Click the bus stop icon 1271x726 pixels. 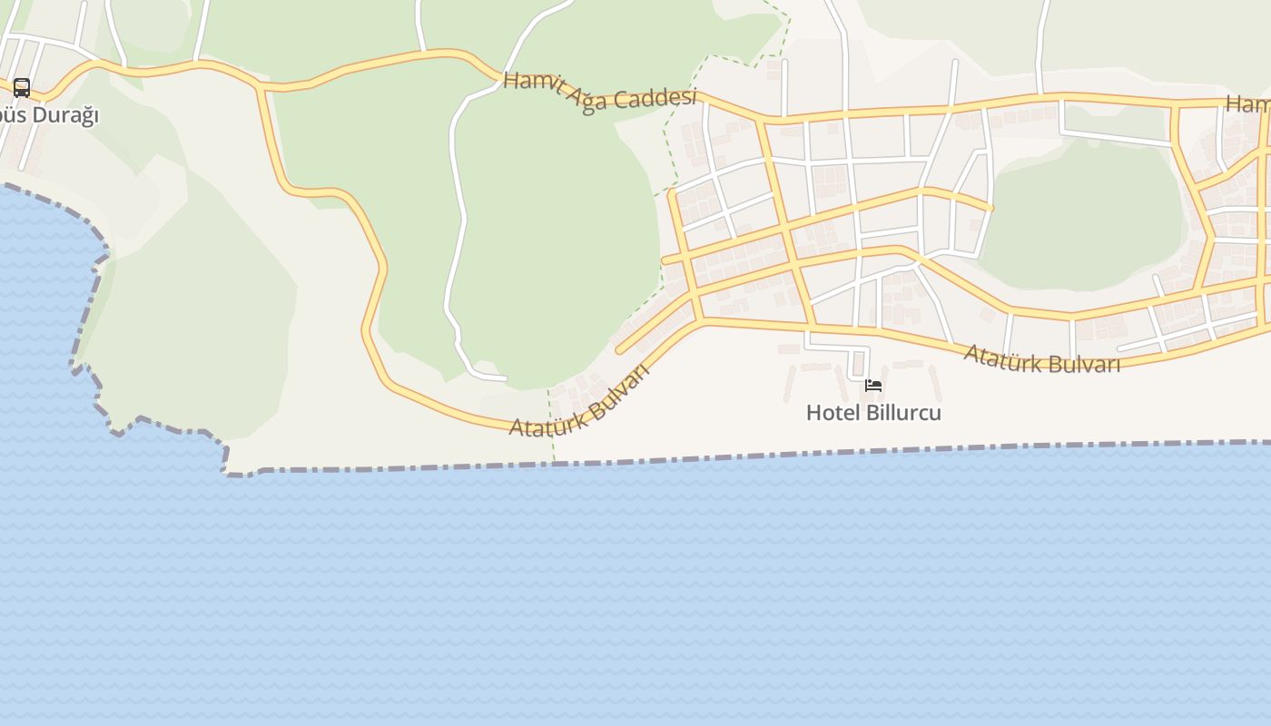click(x=22, y=88)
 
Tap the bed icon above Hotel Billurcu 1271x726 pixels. click(x=873, y=386)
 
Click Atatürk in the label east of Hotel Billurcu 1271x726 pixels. click(x=1000, y=355)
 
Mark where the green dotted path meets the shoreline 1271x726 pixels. click(x=553, y=463)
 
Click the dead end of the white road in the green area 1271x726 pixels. click(x=504, y=378)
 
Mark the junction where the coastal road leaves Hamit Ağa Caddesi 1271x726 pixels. click(x=262, y=86)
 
